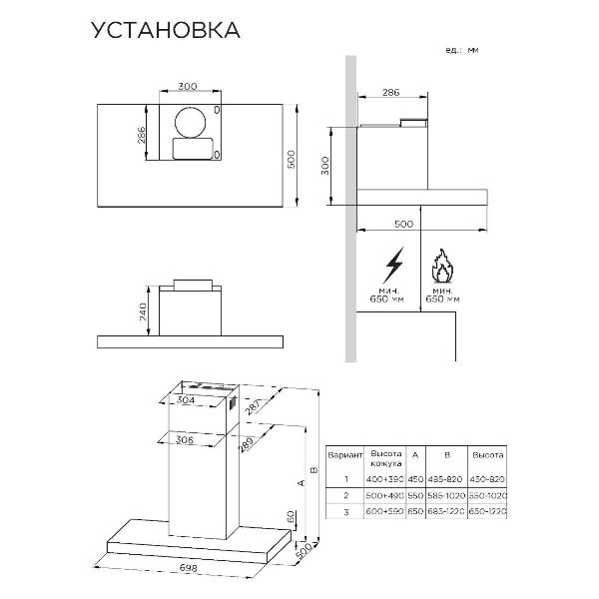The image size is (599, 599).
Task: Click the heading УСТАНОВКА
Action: coord(165,30)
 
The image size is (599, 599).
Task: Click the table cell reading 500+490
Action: coord(384,495)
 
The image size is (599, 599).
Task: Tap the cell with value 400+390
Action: coord(384,478)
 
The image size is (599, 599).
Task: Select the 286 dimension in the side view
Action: coord(391,92)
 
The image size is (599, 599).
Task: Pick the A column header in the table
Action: coord(415,454)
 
